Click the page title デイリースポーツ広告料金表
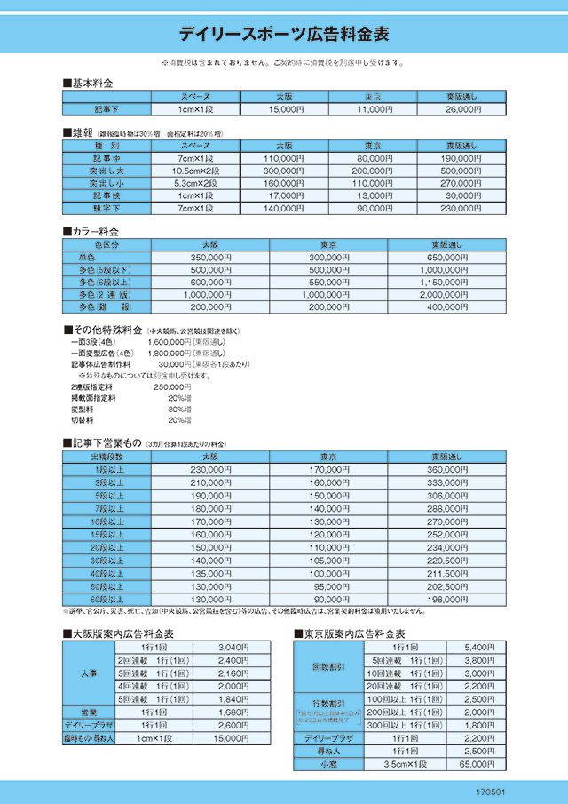(284, 35)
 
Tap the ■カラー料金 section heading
(92, 231)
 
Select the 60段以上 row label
(106, 600)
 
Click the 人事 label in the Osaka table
(88, 673)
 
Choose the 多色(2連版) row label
(106, 294)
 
